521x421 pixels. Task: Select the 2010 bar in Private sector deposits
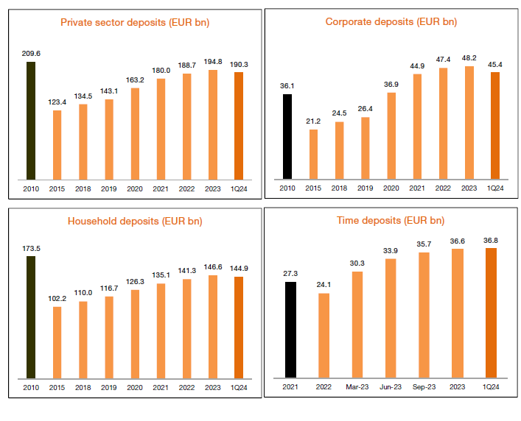[x=30, y=120]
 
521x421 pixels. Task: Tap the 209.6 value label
[x=30, y=53]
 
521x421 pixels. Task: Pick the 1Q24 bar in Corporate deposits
[x=494, y=125]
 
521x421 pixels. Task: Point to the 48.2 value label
[x=469, y=57]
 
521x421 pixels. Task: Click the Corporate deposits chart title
[x=391, y=22]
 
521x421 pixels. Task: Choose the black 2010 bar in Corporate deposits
[x=287, y=136]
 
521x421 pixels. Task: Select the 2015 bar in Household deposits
[x=57, y=343]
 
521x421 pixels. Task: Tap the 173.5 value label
[x=30, y=250]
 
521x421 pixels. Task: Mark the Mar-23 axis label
[x=357, y=386]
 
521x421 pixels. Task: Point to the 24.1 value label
[x=324, y=284]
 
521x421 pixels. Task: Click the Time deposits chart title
[x=391, y=220]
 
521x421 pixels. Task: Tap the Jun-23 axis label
[x=391, y=386]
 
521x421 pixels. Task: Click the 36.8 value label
[x=491, y=239]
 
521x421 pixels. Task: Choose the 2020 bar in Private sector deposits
[x=136, y=134]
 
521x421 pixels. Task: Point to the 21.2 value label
[x=313, y=121]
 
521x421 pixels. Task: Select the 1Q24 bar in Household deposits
[x=238, y=328]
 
